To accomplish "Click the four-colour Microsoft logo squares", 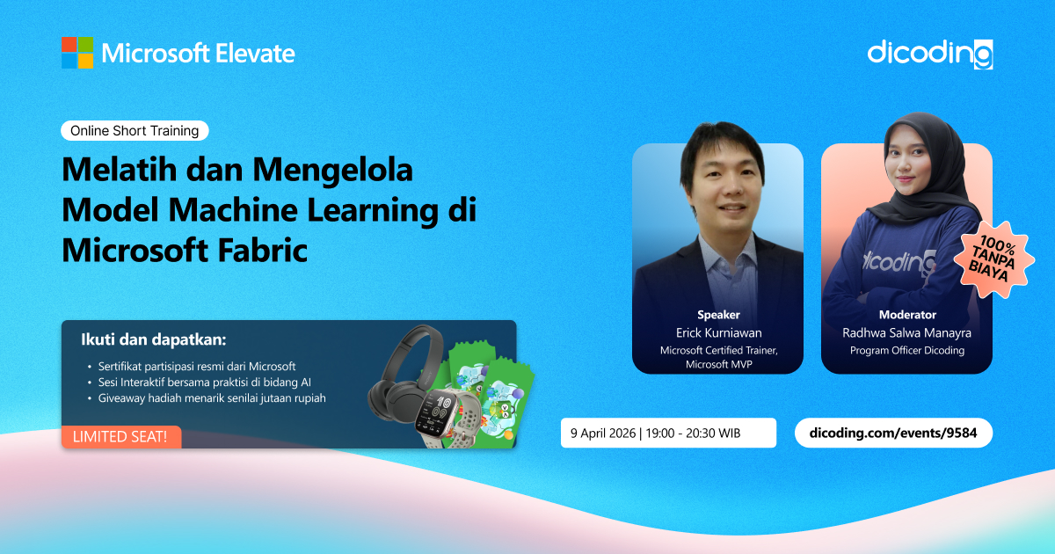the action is (x=77, y=53).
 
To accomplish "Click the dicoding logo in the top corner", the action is (x=930, y=55).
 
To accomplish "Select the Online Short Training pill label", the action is (x=135, y=130).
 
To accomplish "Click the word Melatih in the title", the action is (x=120, y=169).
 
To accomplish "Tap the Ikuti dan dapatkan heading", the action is (x=154, y=339).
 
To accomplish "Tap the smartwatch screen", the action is (x=435, y=412).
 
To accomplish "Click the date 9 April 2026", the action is (x=603, y=433).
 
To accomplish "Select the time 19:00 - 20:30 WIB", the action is (x=693, y=433).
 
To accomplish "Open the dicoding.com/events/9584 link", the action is (x=893, y=433).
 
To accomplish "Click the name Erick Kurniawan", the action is (x=719, y=333).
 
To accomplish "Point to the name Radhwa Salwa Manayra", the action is (x=906, y=333).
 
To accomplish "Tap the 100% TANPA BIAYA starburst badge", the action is (x=994, y=259).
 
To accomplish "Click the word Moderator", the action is (x=907, y=315).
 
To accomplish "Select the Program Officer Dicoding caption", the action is (x=907, y=351).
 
